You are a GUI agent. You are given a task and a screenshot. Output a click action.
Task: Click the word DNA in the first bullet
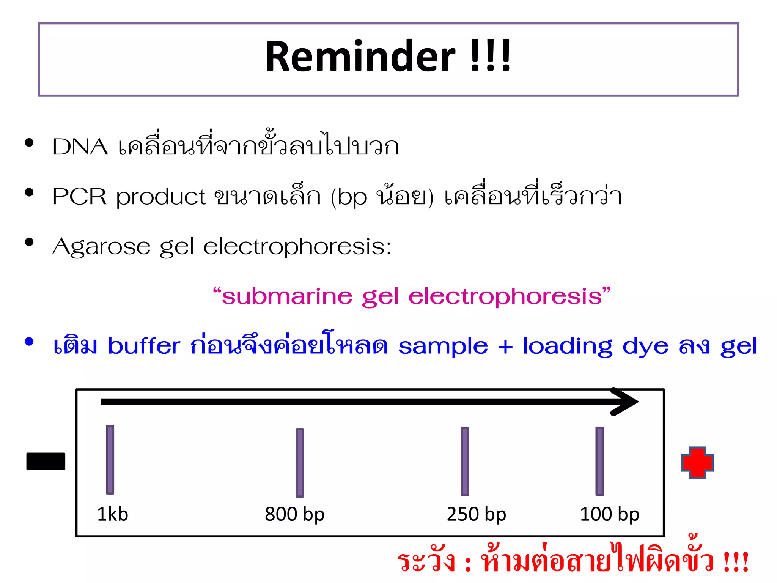point(80,147)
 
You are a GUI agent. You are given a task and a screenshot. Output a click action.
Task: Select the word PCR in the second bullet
point(80,197)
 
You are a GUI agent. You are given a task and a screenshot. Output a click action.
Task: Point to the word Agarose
point(101,247)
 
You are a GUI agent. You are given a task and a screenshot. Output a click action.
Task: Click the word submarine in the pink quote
point(287,296)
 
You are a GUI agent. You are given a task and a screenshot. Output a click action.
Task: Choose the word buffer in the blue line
point(144,346)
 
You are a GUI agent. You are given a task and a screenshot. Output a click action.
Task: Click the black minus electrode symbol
point(46,461)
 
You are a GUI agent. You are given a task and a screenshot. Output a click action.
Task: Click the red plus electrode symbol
point(697,463)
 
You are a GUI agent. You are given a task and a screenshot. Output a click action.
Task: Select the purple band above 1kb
point(110,460)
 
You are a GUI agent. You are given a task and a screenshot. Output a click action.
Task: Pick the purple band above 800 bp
point(300,463)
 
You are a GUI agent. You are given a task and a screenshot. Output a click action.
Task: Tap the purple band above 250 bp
point(465,461)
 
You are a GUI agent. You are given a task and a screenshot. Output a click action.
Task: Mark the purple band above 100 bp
point(599,461)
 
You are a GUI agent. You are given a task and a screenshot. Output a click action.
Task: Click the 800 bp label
point(294,514)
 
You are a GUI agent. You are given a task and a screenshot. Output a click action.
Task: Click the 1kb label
point(113,514)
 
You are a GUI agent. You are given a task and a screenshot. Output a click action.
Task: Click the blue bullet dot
point(29,342)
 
